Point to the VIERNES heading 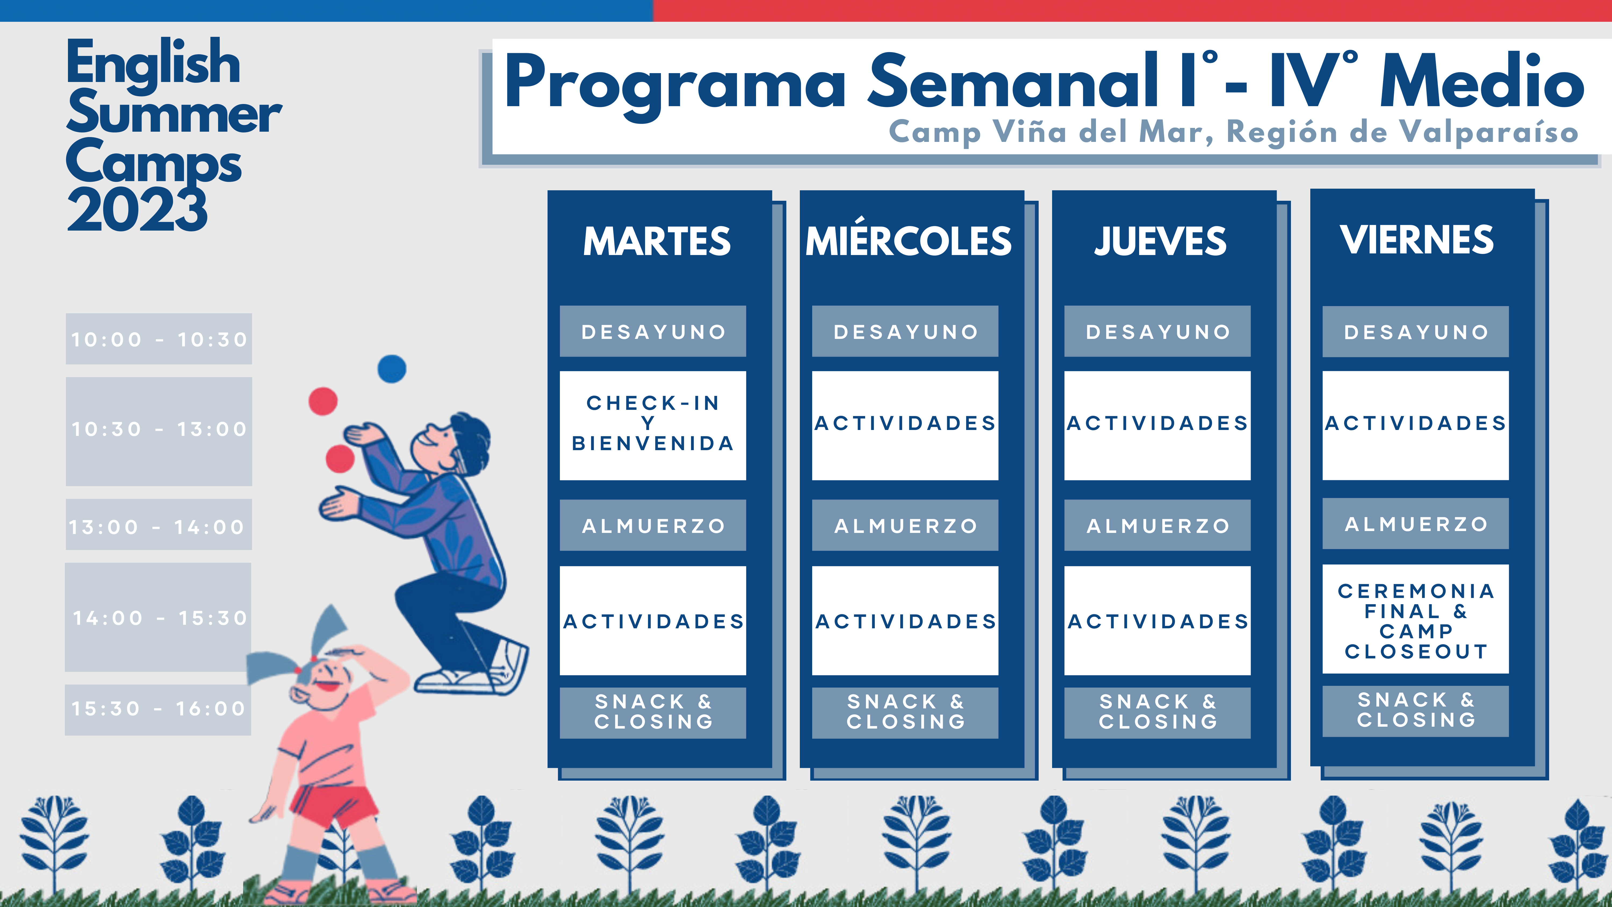coord(1417,240)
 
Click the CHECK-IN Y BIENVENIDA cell coord(653,426)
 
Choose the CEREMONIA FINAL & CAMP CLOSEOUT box coord(1416,619)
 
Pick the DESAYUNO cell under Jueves coord(1158,331)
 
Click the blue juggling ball coord(392,369)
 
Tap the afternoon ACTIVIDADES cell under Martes coord(653,621)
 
